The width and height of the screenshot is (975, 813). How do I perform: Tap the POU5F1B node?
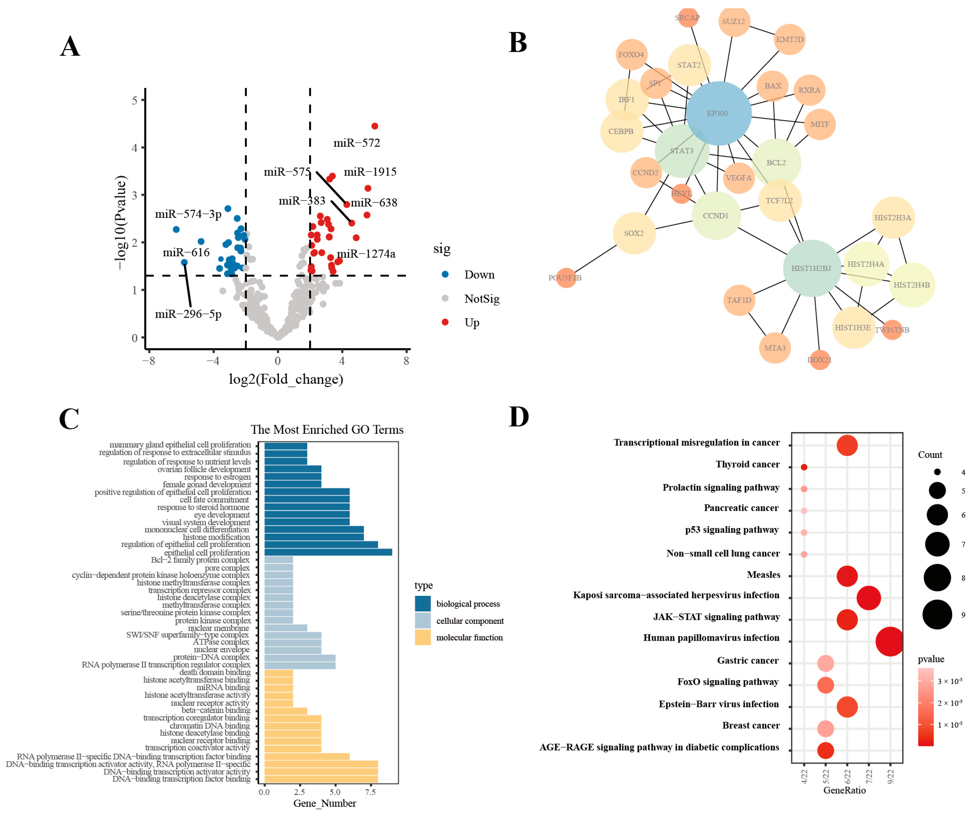pyautogui.click(x=565, y=278)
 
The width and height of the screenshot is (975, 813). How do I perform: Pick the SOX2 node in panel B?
pyautogui.click(x=634, y=233)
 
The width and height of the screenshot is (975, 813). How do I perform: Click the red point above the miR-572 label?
pyautogui.click(x=375, y=126)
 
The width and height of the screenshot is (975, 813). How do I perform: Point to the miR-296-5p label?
pyautogui.click(x=188, y=314)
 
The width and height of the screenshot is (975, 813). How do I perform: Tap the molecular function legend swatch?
pyautogui.click(x=422, y=637)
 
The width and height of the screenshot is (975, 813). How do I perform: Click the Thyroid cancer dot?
pyautogui.click(x=804, y=467)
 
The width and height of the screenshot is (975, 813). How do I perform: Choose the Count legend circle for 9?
pyautogui.click(x=937, y=615)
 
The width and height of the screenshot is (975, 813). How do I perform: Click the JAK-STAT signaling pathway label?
pyautogui.click(x=716, y=617)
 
